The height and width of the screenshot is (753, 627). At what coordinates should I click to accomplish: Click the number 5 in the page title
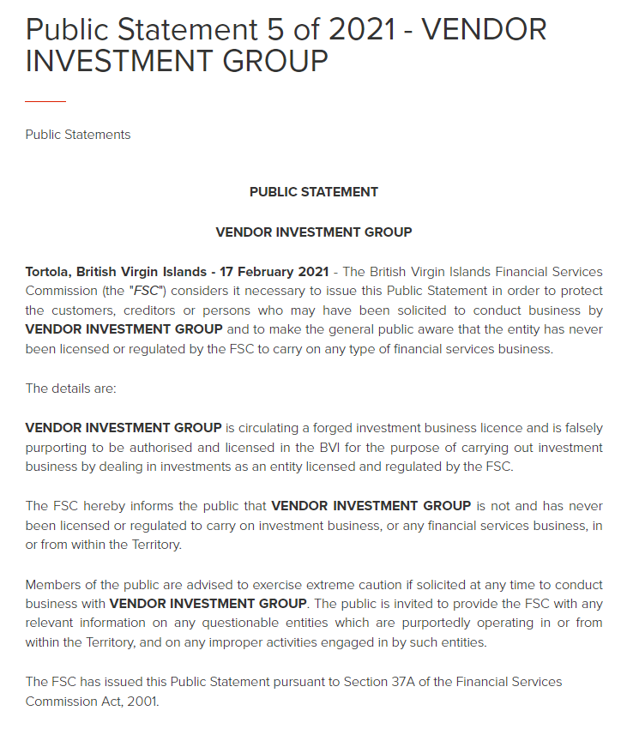click(x=270, y=29)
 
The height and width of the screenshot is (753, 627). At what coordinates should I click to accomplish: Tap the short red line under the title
click(x=45, y=101)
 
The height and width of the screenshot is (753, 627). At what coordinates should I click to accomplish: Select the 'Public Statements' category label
click(x=78, y=135)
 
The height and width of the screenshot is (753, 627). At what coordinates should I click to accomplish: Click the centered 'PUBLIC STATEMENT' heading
click(x=314, y=192)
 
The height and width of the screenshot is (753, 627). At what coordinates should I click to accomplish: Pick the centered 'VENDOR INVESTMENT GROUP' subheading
click(x=314, y=232)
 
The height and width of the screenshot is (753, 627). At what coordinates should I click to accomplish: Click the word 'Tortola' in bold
click(x=51, y=272)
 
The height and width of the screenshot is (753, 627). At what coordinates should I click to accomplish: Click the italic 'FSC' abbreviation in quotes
click(x=147, y=291)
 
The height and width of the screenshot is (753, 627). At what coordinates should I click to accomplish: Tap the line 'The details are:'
click(x=70, y=389)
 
